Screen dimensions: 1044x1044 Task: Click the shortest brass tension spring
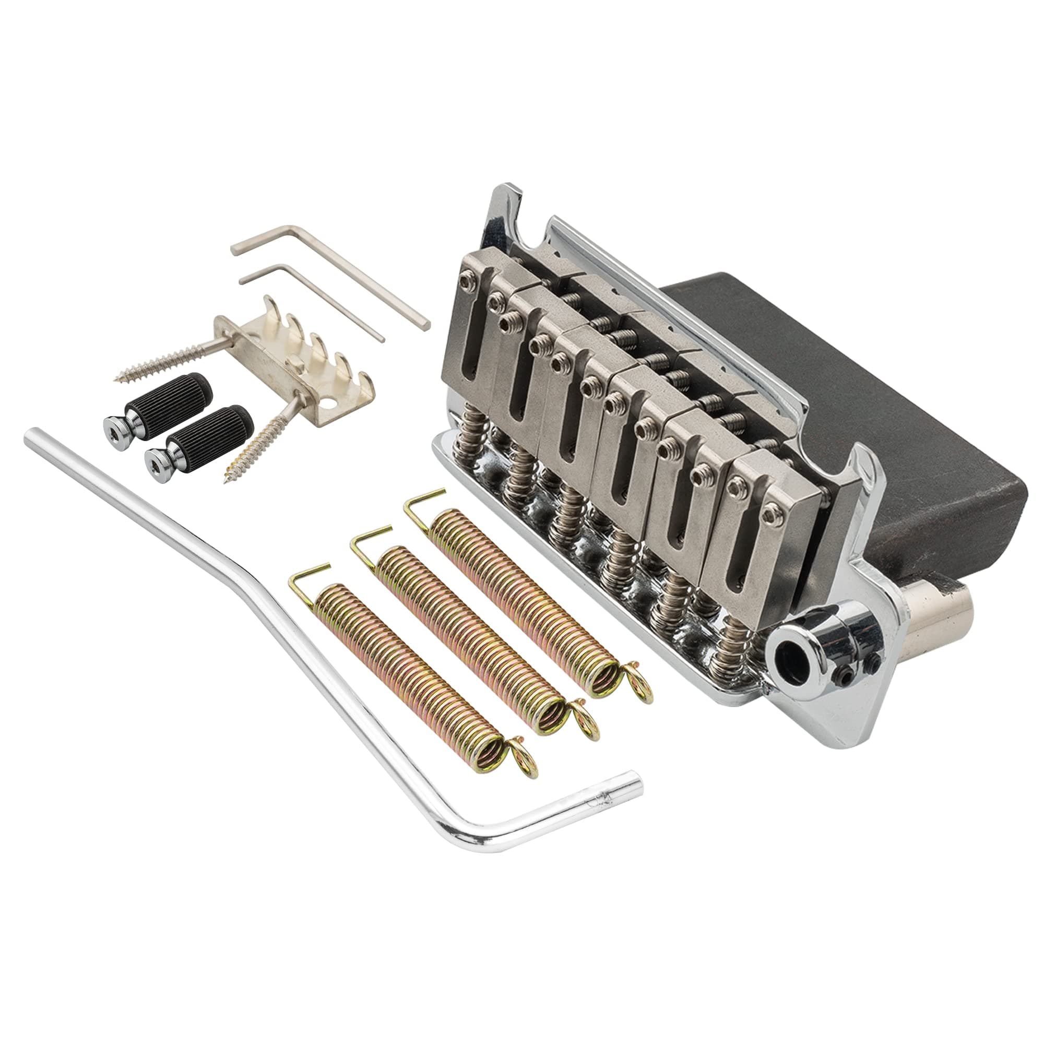pos(411,675)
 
